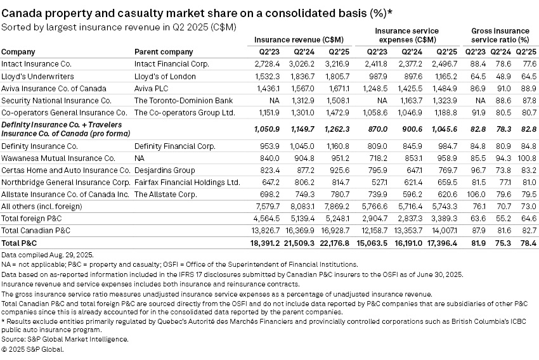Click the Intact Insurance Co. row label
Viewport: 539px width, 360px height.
click(x=37, y=64)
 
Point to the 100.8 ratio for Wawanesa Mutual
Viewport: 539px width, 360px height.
click(x=525, y=158)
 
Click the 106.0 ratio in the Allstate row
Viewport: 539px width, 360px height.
click(x=477, y=194)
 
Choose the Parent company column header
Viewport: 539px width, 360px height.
click(x=164, y=52)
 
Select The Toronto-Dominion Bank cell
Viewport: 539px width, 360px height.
click(x=175, y=100)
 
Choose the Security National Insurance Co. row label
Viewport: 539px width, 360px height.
click(x=56, y=100)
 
